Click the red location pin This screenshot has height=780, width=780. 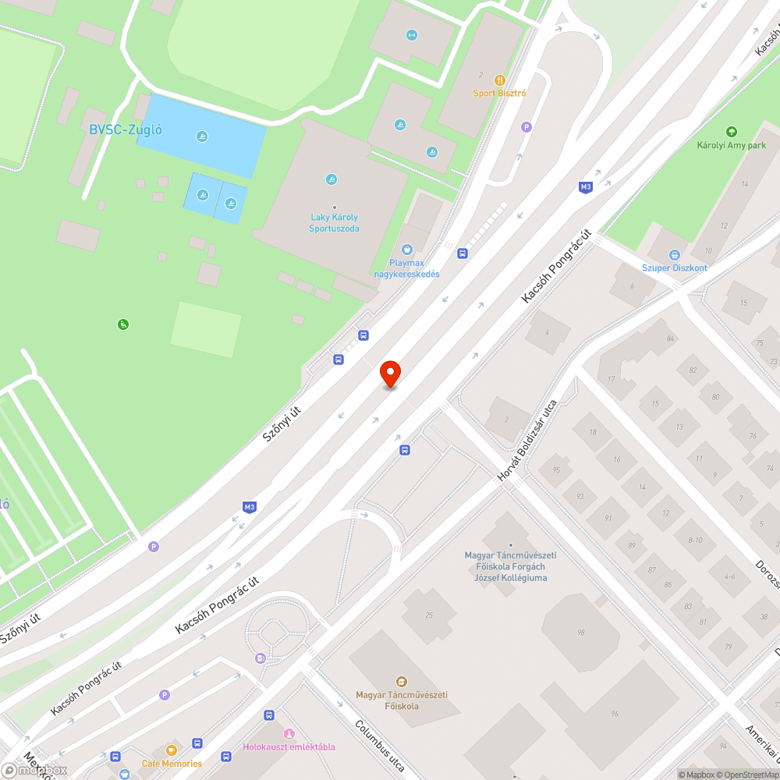(389, 374)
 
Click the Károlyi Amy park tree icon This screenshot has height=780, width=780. (731, 132)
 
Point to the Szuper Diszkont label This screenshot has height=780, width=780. (674, 268)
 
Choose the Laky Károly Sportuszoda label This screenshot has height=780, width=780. (335, 223)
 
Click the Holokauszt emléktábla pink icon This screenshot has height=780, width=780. (289, 733)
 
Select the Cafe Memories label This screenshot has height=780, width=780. (172, 763)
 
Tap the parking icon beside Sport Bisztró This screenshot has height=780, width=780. (526, 126)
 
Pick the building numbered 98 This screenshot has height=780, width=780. (580, 633)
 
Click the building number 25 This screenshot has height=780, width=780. (429, 615)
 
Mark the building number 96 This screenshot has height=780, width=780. (615, 714)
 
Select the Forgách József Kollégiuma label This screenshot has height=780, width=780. (510, 566)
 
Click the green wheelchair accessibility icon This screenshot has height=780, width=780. (122, 324)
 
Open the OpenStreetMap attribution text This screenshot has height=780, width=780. (745, 775)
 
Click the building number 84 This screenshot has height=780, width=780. (670, 339)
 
